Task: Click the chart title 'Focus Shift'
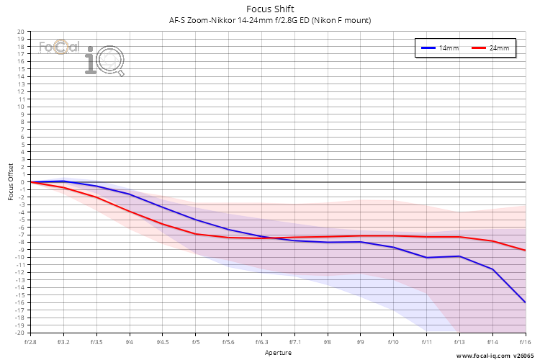pos(270,9)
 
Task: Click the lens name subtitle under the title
pos(270,20)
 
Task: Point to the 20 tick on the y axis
pos(21,32)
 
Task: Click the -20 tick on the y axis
pos(20,333)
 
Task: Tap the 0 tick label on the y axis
pos(23,182)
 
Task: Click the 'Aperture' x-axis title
pos(278,353)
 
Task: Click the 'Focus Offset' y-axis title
pos(11,182)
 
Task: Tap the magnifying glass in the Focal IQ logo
pos(109,61)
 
